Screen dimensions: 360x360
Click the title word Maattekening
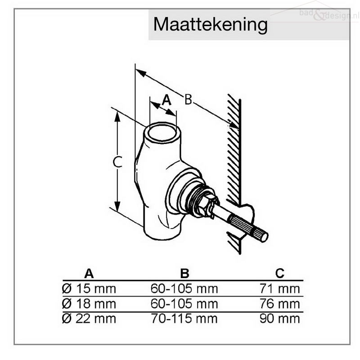coord(210,25)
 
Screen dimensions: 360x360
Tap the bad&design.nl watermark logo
coord(329,14)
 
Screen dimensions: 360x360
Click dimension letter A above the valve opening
coord(166,100)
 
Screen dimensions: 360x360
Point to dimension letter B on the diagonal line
coord(188,99)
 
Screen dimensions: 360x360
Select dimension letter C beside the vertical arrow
coord(117,162)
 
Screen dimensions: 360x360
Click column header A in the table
coord(89,274)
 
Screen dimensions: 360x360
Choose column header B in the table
coord(185,274)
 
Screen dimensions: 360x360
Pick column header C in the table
coord(280,273)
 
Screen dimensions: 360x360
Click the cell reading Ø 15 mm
coord(89,288)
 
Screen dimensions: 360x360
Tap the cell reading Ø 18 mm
coord(89,304)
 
